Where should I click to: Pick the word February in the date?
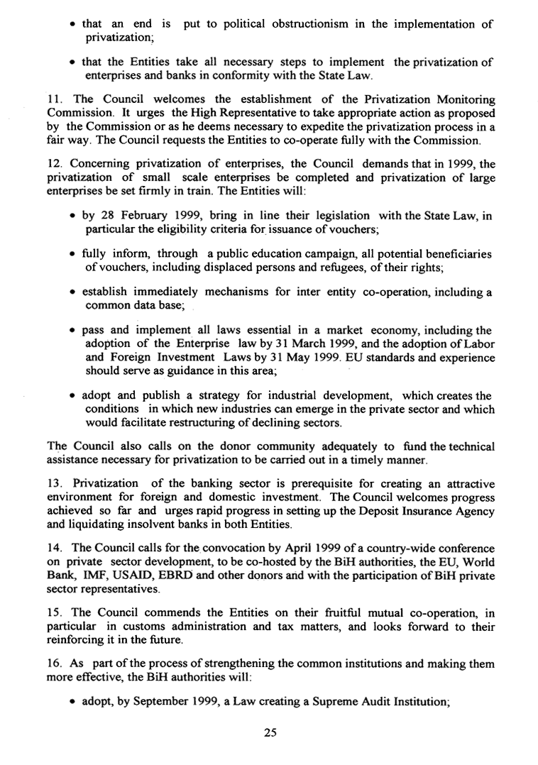[x=150, y=215]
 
